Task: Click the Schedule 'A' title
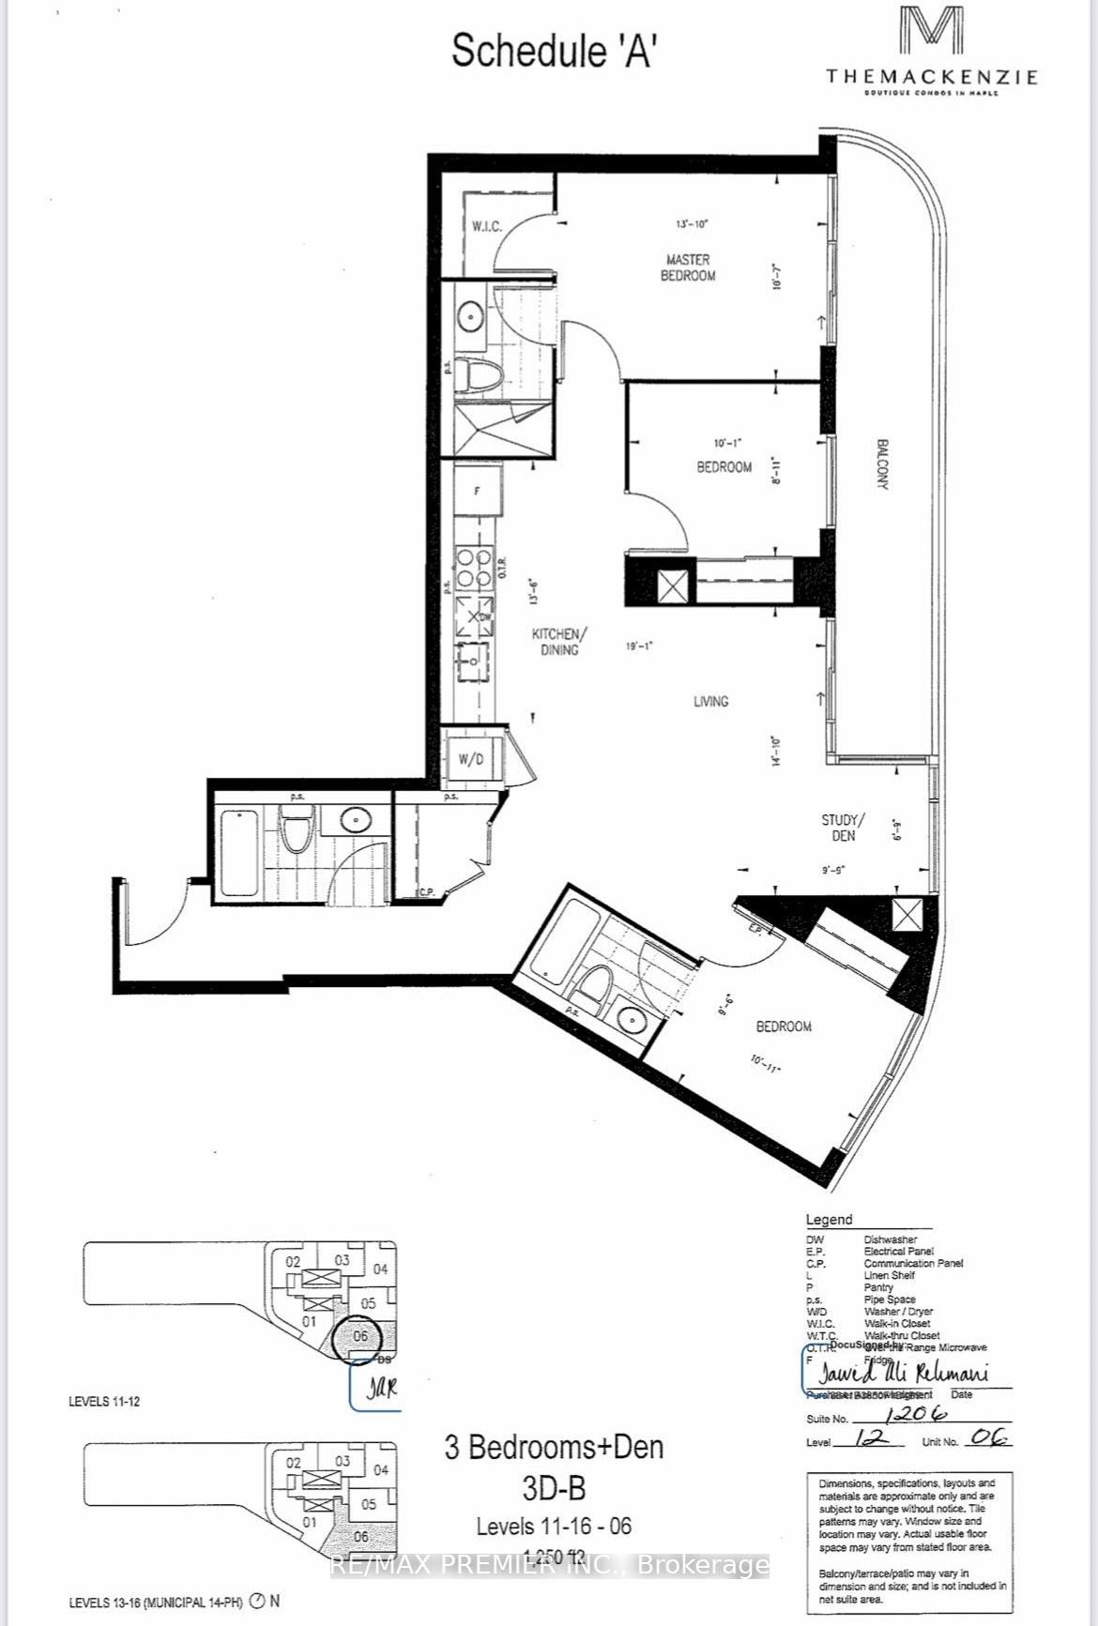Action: tap(553, 51)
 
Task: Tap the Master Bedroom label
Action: tap(688, 267)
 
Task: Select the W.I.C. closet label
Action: tap(486, 226)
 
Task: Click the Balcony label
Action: tap(882, 463)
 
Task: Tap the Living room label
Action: tap(710, 701)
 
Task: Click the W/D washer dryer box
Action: tap(471, 759)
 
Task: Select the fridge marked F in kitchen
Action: tap(477, 491)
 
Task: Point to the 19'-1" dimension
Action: tap(639, 646)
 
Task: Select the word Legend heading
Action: tap(829, 1220)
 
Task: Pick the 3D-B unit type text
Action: tap(553, 1487)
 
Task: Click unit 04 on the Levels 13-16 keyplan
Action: tap(380, 1470)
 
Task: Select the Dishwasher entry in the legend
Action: tap(890, 1239)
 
